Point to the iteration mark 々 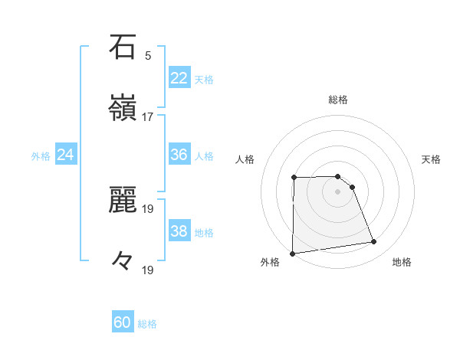pos(123,260)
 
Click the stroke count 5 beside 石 pos(148,56)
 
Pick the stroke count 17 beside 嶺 pos(148,116)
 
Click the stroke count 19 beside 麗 pos(148,208)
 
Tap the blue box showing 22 pos(179,78)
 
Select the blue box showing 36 pos(179,155)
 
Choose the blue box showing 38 pos(179,231)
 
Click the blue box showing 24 pos(66,155)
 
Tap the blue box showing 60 pos(123,322)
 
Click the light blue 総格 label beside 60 pos(147,324)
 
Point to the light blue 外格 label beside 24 pos(41,156)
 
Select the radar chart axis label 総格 pos(338,100)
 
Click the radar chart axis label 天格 pos(432,159)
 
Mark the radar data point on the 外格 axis pos(292,254)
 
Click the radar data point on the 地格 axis pos(374,242)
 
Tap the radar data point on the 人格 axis pos(294,178)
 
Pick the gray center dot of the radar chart pos(338,191)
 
